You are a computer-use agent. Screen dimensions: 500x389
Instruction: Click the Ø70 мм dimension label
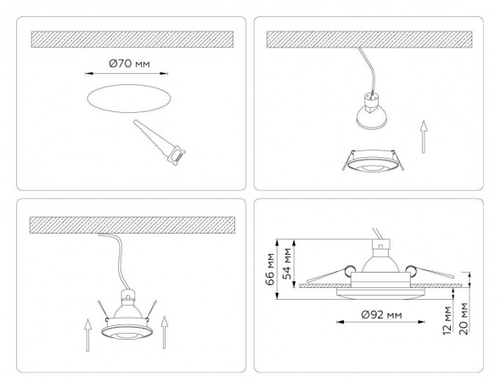(x=129, y=64)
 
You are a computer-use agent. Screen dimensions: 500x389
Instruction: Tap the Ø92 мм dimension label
(x=382, y=315)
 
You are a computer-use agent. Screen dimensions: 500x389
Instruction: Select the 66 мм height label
(x=271, y=269)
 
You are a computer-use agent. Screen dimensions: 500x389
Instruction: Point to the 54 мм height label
(x=288, y=263)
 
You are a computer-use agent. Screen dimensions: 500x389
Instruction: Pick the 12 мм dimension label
(x=448, y=320)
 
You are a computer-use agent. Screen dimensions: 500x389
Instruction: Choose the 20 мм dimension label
(x=464, y=319)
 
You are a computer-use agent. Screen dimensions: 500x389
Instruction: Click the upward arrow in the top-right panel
(x=423, y=137)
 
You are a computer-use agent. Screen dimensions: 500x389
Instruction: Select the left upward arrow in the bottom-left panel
(x=87, y=335)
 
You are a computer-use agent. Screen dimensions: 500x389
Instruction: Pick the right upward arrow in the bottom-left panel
(x=164, y=332)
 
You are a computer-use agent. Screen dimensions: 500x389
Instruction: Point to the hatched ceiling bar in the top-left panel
(x=132, y=40)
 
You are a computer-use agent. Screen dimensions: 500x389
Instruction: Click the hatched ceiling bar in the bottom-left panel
(x=132, y=225)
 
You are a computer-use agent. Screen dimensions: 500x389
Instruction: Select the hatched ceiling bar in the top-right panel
(x=369, y=40)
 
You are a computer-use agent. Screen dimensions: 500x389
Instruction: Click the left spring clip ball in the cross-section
(x=348, y=270)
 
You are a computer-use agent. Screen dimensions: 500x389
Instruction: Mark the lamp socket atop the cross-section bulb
(x=381, y=245)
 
